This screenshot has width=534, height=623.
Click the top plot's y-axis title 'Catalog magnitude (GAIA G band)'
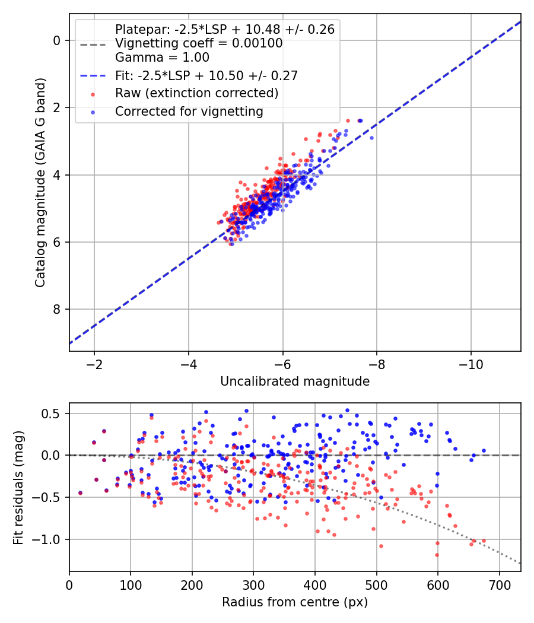click(x=40, y=183)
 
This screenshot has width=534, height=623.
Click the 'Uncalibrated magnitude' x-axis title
click(x=295, y=382)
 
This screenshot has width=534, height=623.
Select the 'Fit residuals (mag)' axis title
click(x=18, y=488)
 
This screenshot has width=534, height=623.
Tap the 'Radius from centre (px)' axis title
click(x=295, y=602)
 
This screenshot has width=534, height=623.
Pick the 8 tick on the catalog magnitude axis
click(x=57, y=309)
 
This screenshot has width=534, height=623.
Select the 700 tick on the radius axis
click(x=499, y=585)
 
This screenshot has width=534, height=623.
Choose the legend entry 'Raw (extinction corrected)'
click(x=196, y=93)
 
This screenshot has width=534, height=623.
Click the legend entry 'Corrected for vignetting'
click(x=189, y=112)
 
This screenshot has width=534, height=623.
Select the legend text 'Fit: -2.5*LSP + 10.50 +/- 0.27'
click(x=206, y=75)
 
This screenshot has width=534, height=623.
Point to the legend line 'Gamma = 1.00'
click(x=162, y=58)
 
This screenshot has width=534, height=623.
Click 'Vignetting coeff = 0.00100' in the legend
click(x=199, y=43)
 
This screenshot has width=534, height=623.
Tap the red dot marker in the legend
click(x=93, y=94)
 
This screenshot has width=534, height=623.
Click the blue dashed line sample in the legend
click(x=93, y=75)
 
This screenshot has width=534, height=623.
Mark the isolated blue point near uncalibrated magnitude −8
click(x=371, y=138)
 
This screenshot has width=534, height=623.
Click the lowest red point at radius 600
click(x=437, y=555)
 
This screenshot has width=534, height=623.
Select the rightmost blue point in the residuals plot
click(x=484, y=450)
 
